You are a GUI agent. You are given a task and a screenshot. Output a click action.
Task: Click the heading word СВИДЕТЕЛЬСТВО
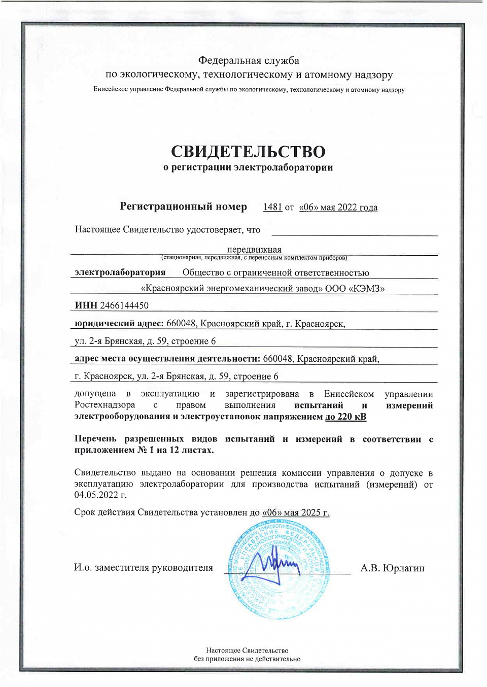(x=248, y=151)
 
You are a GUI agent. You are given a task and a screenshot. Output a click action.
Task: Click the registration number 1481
(x=272, y=207)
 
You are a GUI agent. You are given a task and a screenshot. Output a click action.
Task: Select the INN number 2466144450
(x=124, y=305)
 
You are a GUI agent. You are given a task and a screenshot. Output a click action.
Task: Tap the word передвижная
(x=254, y=249)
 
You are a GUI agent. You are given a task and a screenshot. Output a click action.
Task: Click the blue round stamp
(x=277, y=570)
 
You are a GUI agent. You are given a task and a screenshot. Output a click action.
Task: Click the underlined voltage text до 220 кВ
(x=345, y=417)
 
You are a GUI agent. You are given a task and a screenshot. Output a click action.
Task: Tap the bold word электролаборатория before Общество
(x=120, y=272)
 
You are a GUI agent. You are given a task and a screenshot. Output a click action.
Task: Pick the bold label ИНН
(x=86, y=305)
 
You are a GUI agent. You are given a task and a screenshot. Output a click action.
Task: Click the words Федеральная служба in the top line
(x=249, y=60)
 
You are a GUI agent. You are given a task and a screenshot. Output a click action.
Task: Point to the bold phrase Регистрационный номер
(x=183, y=207)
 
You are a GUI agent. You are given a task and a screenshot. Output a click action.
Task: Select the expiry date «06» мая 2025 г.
(x=296, y=512)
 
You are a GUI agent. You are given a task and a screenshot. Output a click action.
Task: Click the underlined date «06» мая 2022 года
(x=338, y=207)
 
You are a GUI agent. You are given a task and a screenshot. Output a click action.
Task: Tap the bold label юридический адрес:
(x=119, y=323)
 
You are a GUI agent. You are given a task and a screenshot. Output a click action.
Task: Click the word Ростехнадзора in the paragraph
(x=105, y=405)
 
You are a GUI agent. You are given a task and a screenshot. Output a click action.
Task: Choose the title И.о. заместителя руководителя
(x=144, y=568)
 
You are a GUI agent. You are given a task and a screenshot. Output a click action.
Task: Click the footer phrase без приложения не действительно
(x=247, y=659)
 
